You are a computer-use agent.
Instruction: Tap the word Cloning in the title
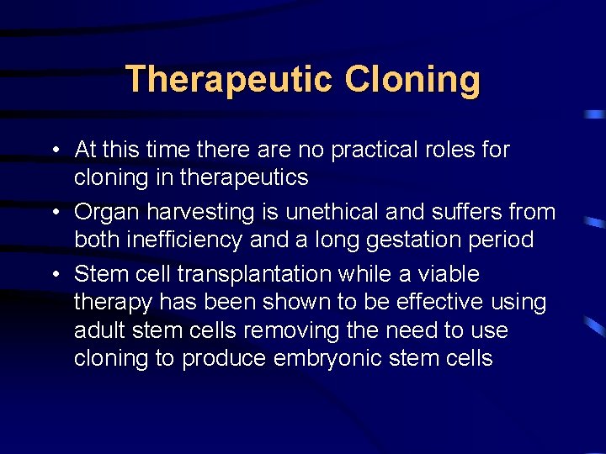412,80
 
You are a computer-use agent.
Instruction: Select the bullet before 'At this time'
53,150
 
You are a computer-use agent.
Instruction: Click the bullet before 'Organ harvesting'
53,213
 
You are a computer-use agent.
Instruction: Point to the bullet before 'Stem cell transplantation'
53,275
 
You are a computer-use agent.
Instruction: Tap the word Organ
105,213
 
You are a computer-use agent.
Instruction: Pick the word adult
100,330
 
